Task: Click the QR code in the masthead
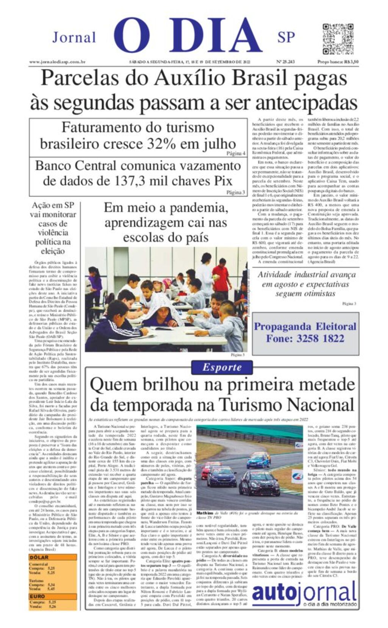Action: click(338, 39)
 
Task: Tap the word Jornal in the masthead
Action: click(74, 38)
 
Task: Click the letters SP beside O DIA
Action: click(286, 38)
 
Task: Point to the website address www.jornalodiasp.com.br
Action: click(57, 62)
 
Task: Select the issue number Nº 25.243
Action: click(286, 62)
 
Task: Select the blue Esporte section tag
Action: click(222, 367)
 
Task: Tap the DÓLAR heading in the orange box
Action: click(39, 557)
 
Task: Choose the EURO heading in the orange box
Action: click(38, 596)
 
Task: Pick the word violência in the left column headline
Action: click(53, 232)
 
